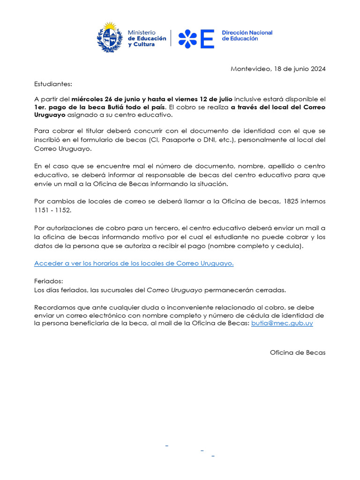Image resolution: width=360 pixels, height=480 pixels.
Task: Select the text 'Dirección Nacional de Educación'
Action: (247, 36)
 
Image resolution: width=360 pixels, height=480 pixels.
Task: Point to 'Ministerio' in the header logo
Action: (142, 32)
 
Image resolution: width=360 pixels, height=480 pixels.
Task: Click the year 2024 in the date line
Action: (317, 69)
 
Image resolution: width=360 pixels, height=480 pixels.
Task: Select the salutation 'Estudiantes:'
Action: (53, 84)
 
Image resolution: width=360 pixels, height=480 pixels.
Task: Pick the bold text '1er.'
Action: (41, 107)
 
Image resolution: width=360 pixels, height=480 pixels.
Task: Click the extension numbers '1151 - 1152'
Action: (52, 210)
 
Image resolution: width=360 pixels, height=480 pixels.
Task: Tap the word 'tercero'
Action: (166, 228)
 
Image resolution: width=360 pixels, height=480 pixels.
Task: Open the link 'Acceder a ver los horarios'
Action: (134, 263)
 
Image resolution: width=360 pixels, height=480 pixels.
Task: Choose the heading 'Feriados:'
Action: (48, 282)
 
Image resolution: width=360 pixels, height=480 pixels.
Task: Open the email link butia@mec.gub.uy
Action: (282, 323)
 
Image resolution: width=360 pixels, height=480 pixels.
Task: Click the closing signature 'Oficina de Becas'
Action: (298, 352)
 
